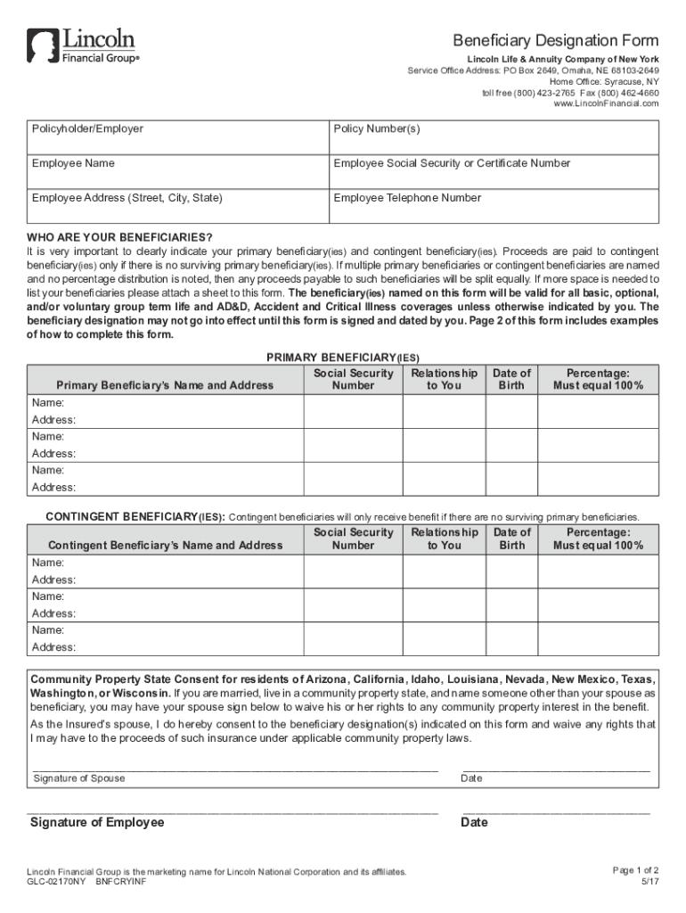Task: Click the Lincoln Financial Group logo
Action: point(82,45)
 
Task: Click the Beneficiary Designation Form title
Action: point(556,41)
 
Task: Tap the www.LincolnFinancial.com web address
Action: point(606,103)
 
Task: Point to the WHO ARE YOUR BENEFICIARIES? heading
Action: point(119,237)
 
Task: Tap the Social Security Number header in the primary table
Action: point(354,379)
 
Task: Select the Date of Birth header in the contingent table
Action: point(512,539)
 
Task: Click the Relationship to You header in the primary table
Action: point(444,379)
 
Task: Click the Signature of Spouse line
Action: point(235,766)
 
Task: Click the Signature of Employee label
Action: point(97,822)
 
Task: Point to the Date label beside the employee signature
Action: point(474,822)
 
